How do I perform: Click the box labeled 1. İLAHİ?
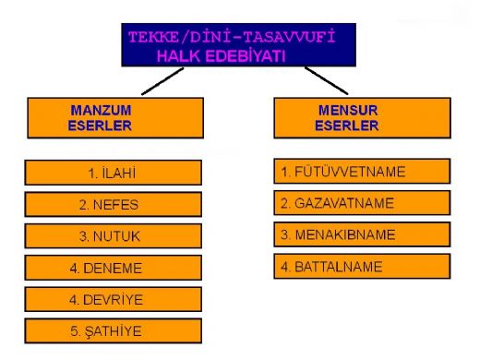coord(114,173)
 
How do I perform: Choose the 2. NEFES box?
coord(114,204)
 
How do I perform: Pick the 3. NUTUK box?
coord(114,236)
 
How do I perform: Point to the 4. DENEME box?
coord(114,269)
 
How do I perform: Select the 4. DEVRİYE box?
coord(114,300)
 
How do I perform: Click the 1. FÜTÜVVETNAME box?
coord(362,171)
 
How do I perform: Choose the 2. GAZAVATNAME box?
coord(362,203)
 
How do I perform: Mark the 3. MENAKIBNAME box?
coord(362,235)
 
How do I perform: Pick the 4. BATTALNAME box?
coord(362,268)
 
